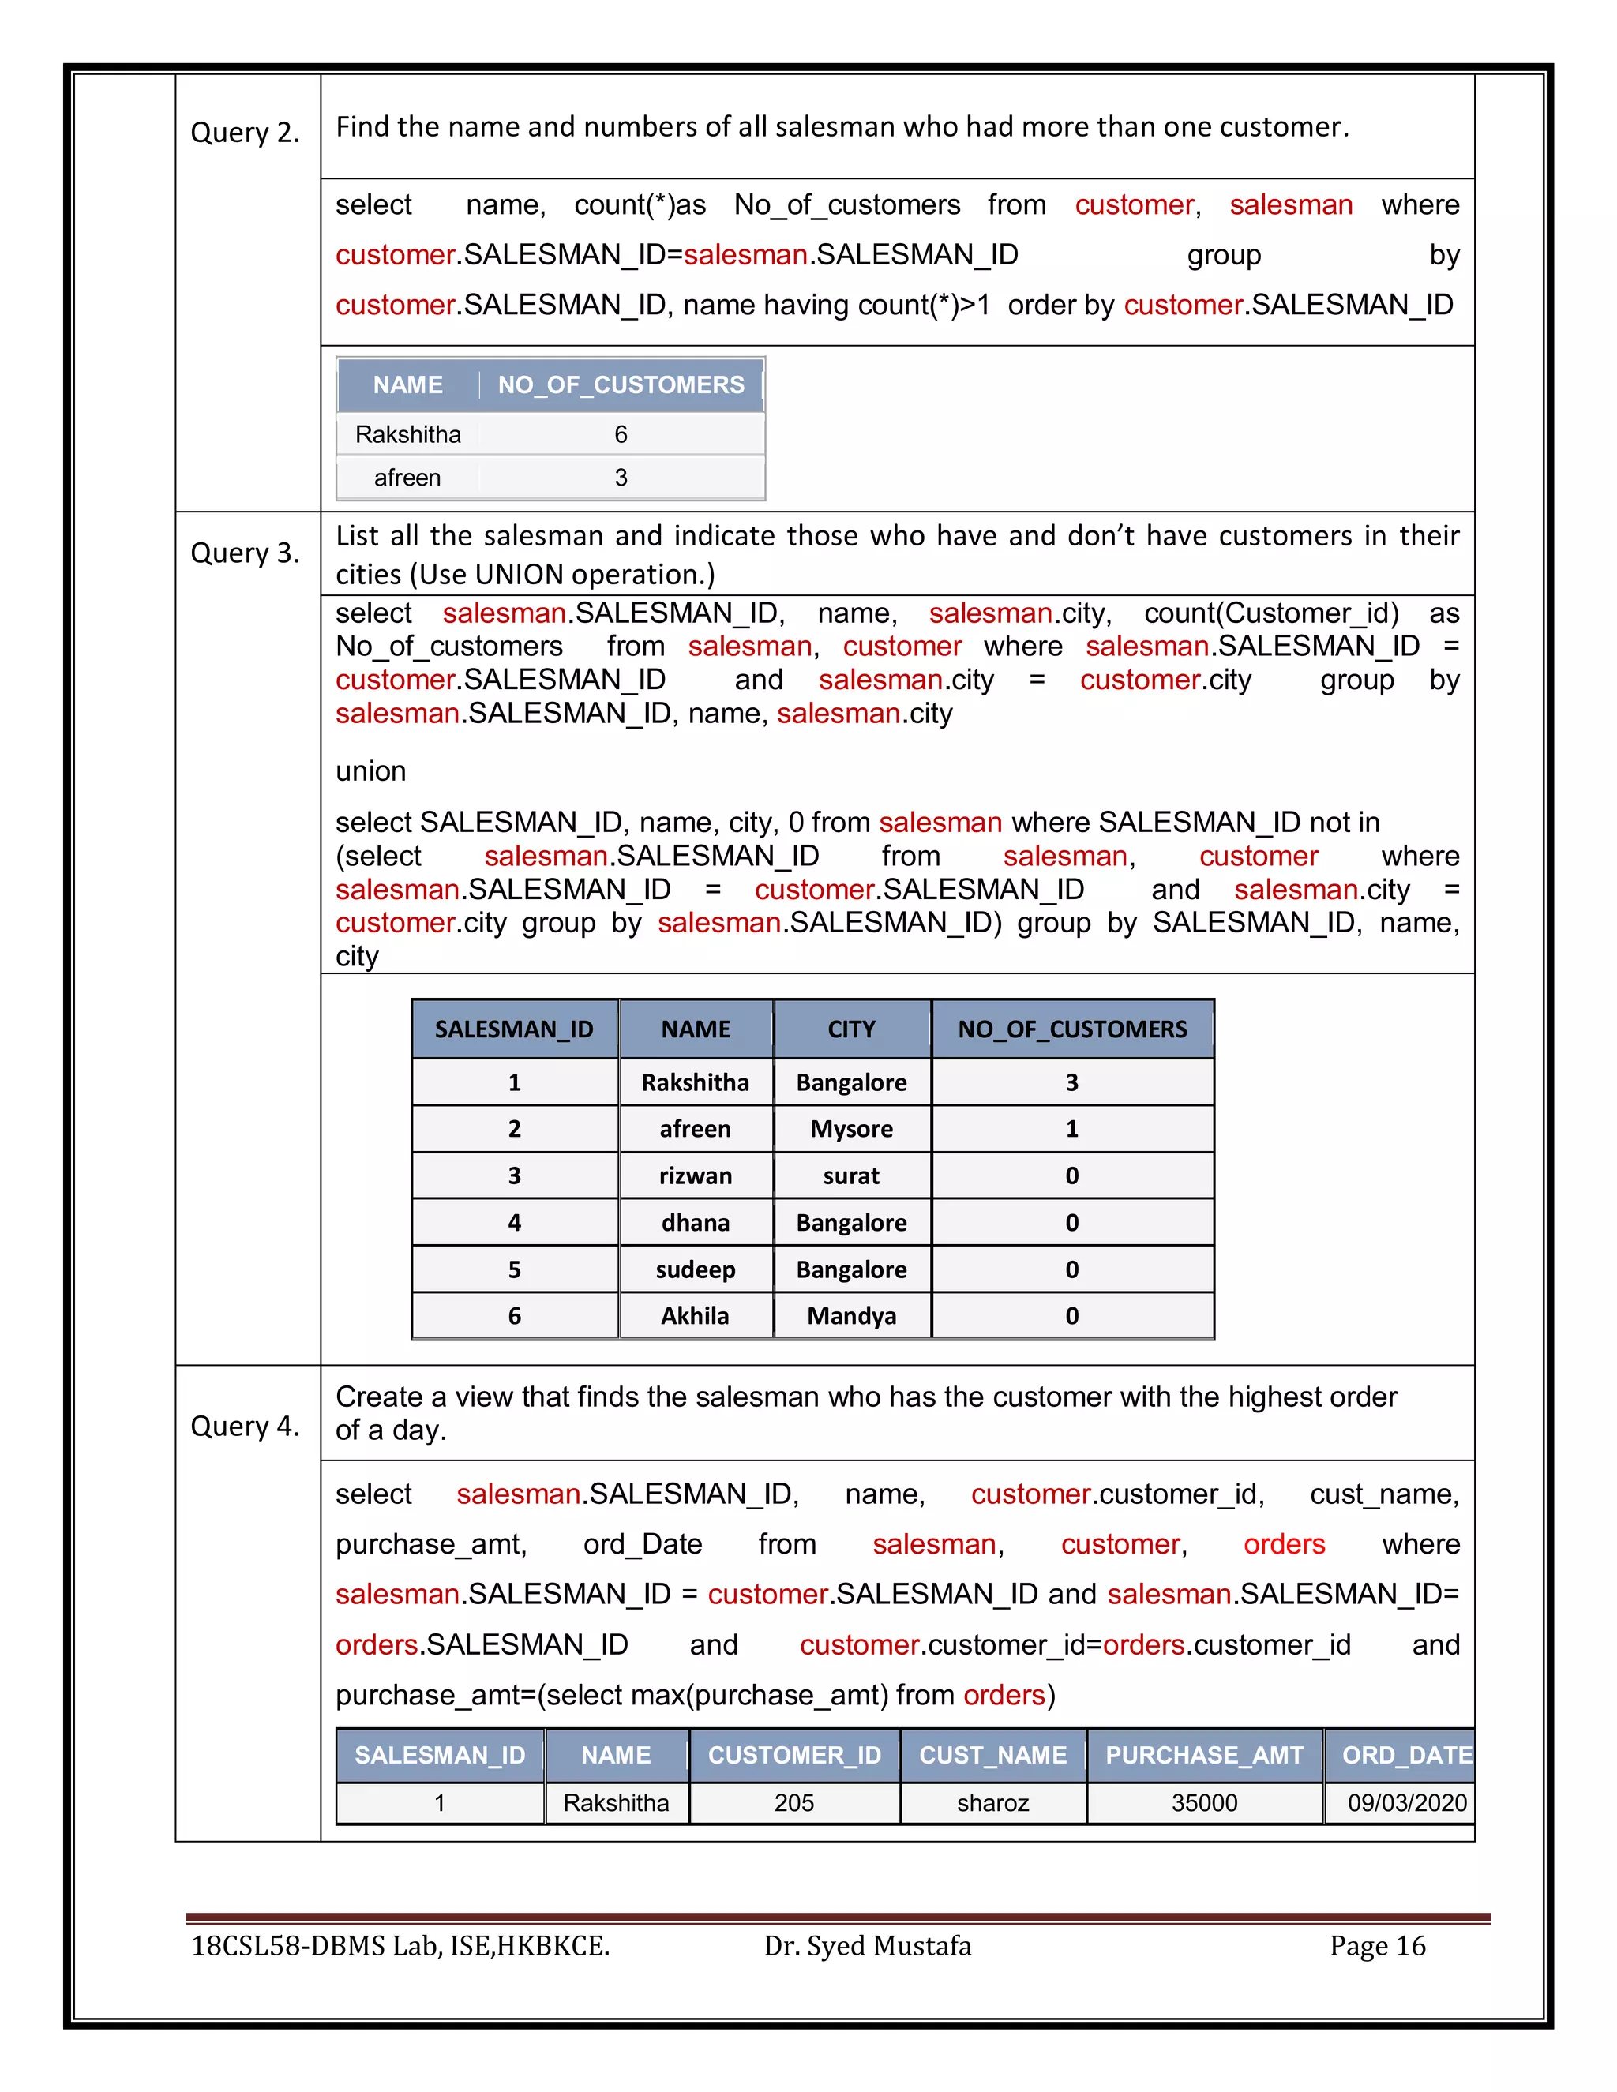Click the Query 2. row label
(x=246, y=132)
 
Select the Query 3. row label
(x=246, y=553)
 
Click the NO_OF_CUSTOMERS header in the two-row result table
(x=621, y=385)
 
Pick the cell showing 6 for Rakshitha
(x=621, y=435)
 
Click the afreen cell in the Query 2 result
(x=407, y=477)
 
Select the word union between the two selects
(x=371, y=770)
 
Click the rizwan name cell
(x=696, y=1175)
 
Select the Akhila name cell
(x=696, y=1315)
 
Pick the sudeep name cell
(x=696, y=1269)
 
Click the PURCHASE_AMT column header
(x=1204, y=1755)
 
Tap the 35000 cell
(x=1204, y=1803)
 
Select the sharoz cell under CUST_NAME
(x=992, y=1803)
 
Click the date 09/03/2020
(x=1406, y=1803)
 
